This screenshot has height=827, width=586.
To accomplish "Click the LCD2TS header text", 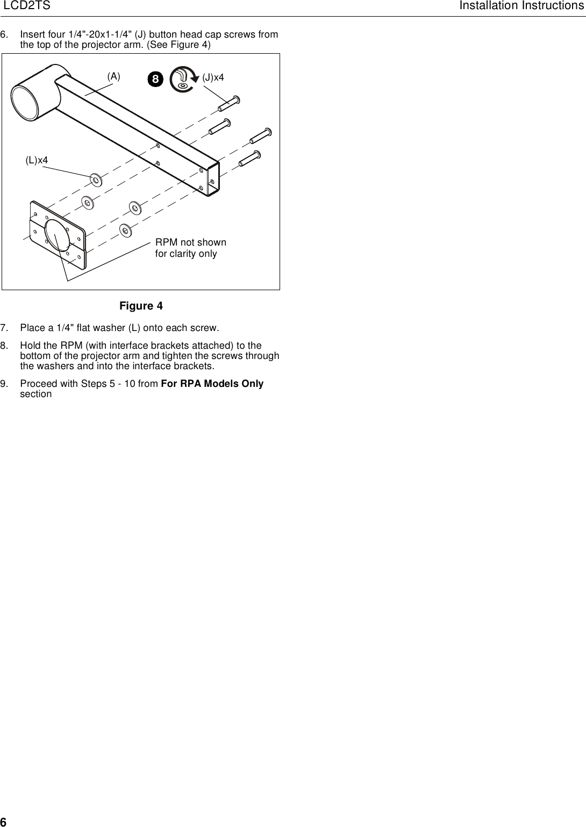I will tap(27, 6).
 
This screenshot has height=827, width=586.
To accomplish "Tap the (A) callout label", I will tap(113, 76).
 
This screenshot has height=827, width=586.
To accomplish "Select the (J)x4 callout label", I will tap(213, 77).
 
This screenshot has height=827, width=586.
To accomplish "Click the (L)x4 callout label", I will tap(37, 160).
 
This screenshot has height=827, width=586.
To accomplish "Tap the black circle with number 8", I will tap(155, 80).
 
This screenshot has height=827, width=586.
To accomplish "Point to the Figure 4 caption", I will tap(141, 306).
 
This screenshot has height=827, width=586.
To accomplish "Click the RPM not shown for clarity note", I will tap(190, 248).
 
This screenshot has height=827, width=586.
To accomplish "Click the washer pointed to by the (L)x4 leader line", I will tap(96, 179).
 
